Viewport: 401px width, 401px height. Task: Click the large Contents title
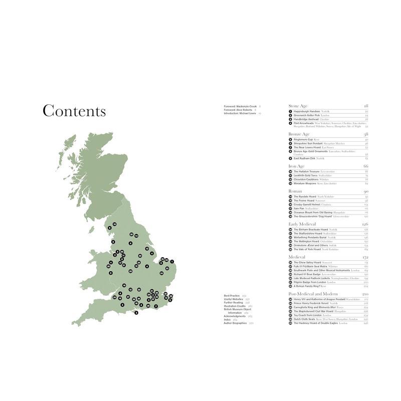pos(74,111)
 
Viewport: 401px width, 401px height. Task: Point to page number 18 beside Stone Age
pos(366,106)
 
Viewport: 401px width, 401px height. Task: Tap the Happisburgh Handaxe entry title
pos(307,111)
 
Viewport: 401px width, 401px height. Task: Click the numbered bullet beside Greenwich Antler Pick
pos(290,115)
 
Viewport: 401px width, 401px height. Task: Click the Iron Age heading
pos(297,166)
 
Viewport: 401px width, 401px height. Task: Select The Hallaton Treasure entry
pos(307,171)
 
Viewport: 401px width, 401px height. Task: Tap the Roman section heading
pos(295,191)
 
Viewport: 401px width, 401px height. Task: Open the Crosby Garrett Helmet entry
pos(309,205)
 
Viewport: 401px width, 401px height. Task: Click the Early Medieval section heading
pos(304,224)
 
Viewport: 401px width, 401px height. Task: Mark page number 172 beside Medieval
pos(365,257)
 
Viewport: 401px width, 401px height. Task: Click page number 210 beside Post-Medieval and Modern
pos(365,294)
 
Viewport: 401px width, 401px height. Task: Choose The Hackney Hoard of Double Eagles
pos(316,323)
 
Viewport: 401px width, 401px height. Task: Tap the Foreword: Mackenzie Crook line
pos(241,107)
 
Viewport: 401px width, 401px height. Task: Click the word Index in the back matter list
pos(228,319)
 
